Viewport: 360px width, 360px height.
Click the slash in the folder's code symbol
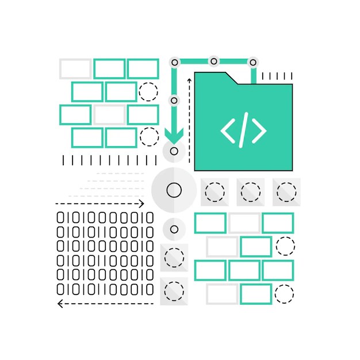pyautogui.click(x=243, y=131)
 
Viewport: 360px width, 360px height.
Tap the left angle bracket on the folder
pyautogui.click(x=227, y=131)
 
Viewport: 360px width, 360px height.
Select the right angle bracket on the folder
pyautogui.click(x=259, y=131)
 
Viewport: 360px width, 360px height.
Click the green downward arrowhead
pyautogui.click(x=174, y=135)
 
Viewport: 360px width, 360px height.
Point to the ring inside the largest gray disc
pyautogui.click(x=174, y=190)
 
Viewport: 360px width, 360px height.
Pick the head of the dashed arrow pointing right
pyautogui.click(x=141, y=204)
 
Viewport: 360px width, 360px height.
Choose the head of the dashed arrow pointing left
pyautogui.click(x=60, y=304)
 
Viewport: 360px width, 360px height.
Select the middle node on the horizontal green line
pyautogui.click(x=214, y=61)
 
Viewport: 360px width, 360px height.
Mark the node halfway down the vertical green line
pyautogui.click(x=174, y=101)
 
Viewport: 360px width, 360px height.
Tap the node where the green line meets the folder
pyautogui.click(x=252, y=62)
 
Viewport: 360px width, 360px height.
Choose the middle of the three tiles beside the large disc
pyautogui.click(x=250, y=192)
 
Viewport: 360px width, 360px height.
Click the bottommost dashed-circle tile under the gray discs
pyautogui.click(x=174, y=291)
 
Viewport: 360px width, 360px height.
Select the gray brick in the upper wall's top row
pyautogui.click(x=75, y=69)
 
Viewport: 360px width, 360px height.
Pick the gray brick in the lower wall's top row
pyautogui.click(x=244, y=223)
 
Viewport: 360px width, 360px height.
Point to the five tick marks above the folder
pyautogui.click(x=277, y=76)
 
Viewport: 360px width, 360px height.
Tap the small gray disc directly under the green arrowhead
pyautogui.click(x=174, y=152)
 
